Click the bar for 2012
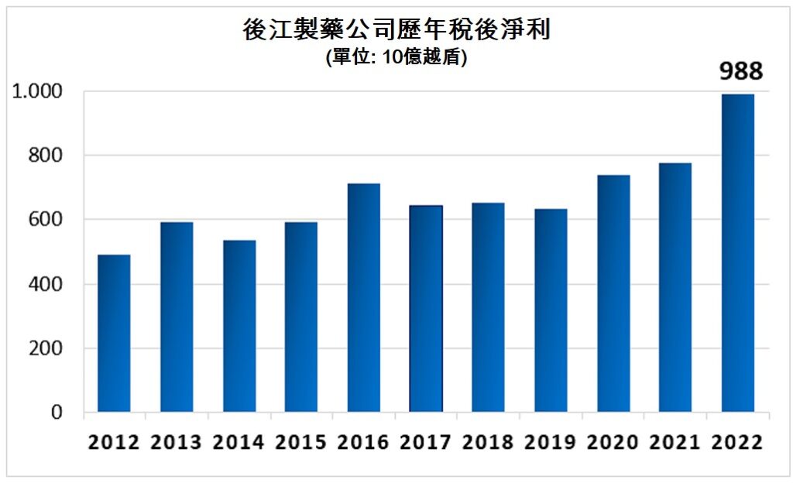(x=114, y=334)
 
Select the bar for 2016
(x=363, y=298)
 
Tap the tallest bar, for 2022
(x=737, y=253)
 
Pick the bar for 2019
(x=551, y=310)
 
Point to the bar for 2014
(x=239, y=326)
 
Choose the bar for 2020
(x=613, y=293)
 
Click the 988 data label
(x=741, y=72)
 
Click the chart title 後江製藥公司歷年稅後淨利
(x=396, y=30)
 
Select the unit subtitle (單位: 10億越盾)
(x=396, y=58)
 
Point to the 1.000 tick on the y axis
(x=37, y=91)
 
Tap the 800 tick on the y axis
(x=46, y=156)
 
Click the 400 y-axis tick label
(x=46, y=284)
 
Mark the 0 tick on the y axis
(x=57, y=413)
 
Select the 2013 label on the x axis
(x=176, y=442)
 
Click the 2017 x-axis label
(x=426, y=442)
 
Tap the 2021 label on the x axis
(x=675, y=442)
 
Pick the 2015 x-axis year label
(x=300, y=442)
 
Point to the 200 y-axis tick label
(x=46, y=348)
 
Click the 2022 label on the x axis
(x=737, y=442)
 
